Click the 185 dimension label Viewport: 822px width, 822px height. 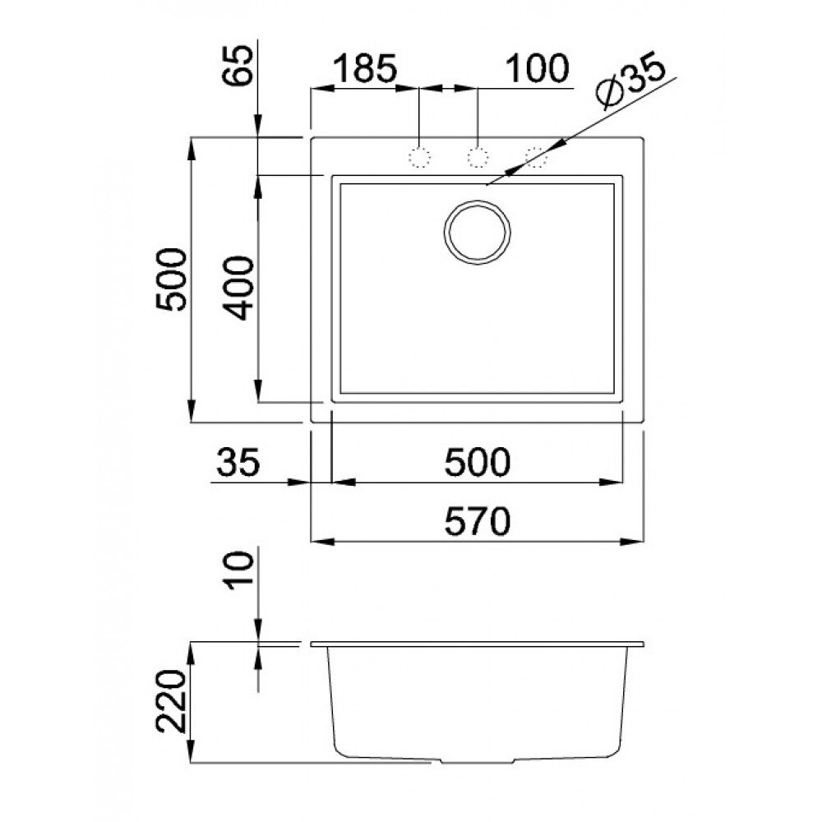[365, 68]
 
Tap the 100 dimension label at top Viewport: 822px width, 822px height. [537, 68]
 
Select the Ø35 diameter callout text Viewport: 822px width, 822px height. [630, 81]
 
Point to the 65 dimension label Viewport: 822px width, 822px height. [238, 65]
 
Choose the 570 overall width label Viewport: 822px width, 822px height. [477, 521]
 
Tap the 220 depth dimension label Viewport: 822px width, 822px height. [171, 701]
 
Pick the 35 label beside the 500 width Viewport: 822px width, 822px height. [238, 462]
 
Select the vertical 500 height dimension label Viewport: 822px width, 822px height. [171, 280]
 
